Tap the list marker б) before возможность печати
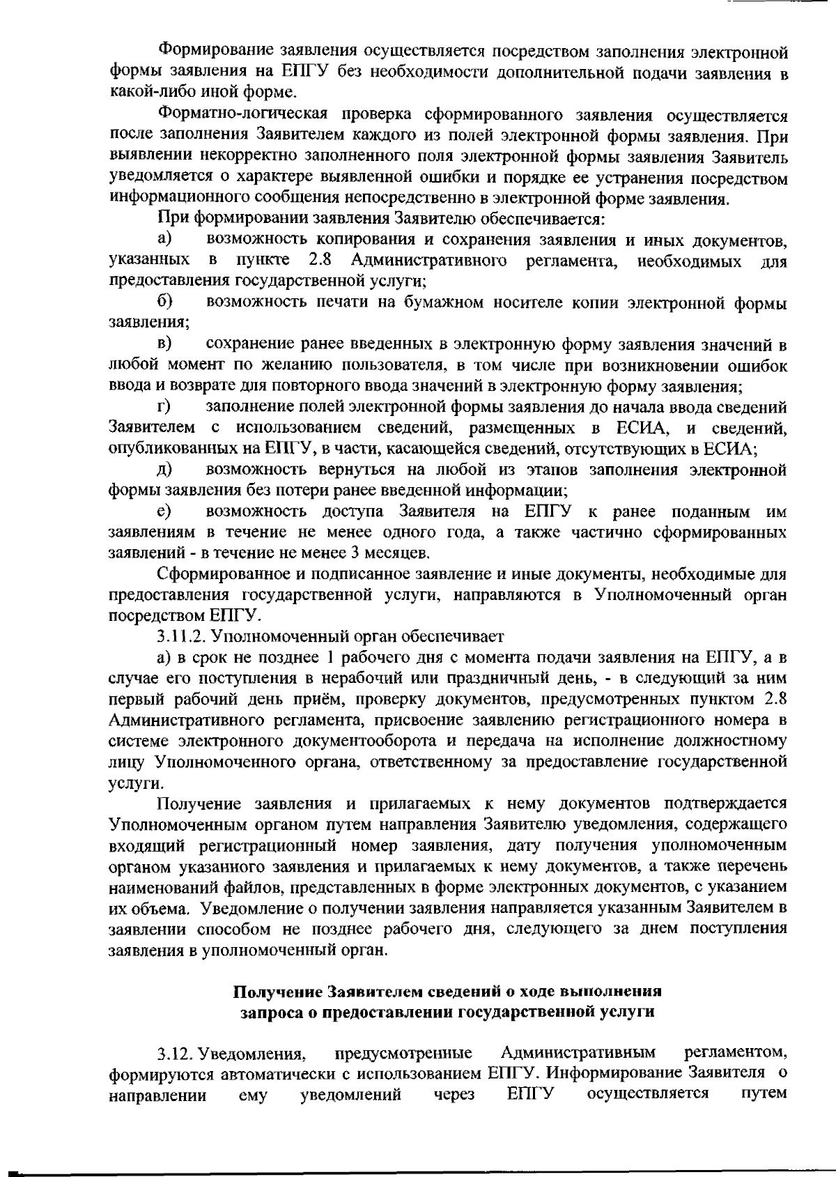164,303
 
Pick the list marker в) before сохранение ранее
164,344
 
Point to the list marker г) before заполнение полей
164,406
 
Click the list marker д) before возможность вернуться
164,470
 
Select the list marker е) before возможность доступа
164,512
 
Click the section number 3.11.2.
182,636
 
